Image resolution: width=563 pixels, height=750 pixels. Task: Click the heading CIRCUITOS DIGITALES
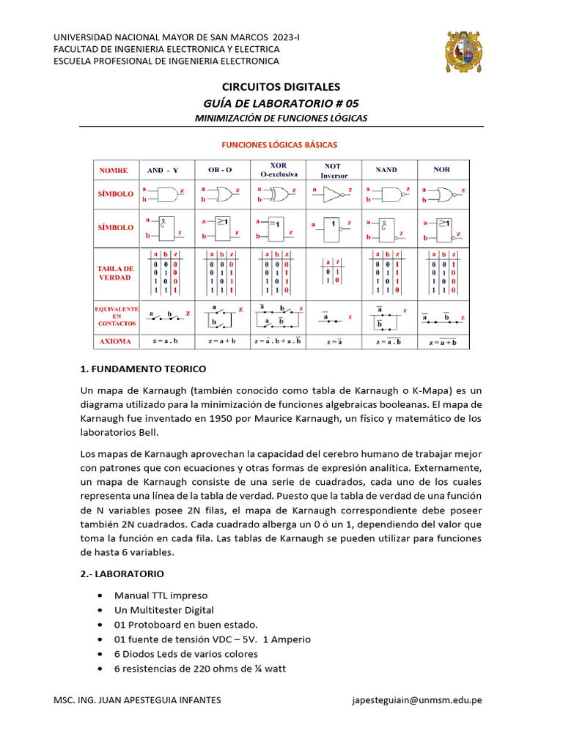[281, 87]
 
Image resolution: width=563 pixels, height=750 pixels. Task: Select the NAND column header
[386, 170]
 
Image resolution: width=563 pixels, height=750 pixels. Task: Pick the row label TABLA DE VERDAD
[116, 273]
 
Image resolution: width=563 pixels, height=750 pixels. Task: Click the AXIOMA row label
[116, 341]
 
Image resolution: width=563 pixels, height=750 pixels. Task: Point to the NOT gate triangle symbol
[332, 195]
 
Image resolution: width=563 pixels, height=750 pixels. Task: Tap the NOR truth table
[442, 273]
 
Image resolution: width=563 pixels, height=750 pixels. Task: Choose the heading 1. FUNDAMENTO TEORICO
[143, 368]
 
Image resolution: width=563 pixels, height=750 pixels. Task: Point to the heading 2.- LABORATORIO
[122, 573]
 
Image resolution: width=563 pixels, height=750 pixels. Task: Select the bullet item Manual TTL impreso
[161, 595]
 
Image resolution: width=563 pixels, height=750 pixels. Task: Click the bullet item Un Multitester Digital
[163, 610]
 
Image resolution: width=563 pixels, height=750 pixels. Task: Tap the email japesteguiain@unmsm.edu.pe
[417, 700]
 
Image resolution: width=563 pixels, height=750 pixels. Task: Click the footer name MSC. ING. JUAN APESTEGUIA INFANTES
[137, 700]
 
